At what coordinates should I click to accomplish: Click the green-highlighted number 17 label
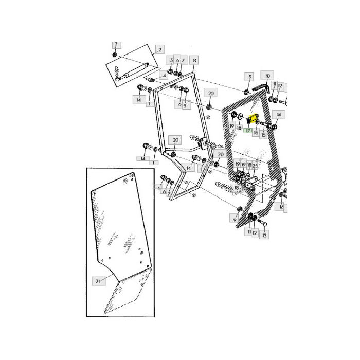pos(248,131)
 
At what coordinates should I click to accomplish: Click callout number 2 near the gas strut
pos(159,49)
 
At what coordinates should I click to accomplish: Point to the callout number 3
pos(116,44)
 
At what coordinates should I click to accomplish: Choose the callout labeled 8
pos(194,60)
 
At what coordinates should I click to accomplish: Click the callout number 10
pos(268,75)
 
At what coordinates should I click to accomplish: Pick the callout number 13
pos(264,234)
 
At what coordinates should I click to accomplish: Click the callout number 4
pos(164,75)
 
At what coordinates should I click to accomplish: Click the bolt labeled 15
pos(266,124)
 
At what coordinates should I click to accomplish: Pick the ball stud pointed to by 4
pos(151,81)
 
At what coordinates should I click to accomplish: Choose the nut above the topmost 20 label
pos(210,106)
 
